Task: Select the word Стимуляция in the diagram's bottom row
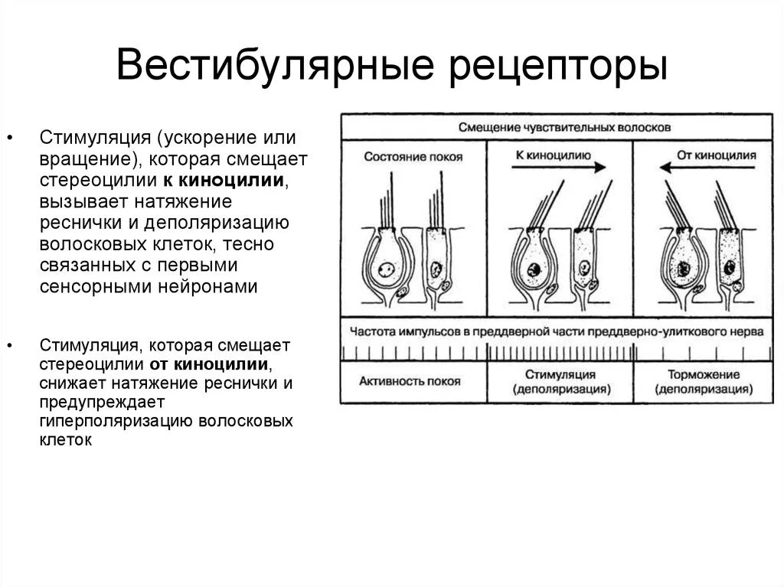[560, 375]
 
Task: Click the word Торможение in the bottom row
[703, 375]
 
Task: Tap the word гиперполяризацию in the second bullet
[114, 422]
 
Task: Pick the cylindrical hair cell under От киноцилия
[728, 260]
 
